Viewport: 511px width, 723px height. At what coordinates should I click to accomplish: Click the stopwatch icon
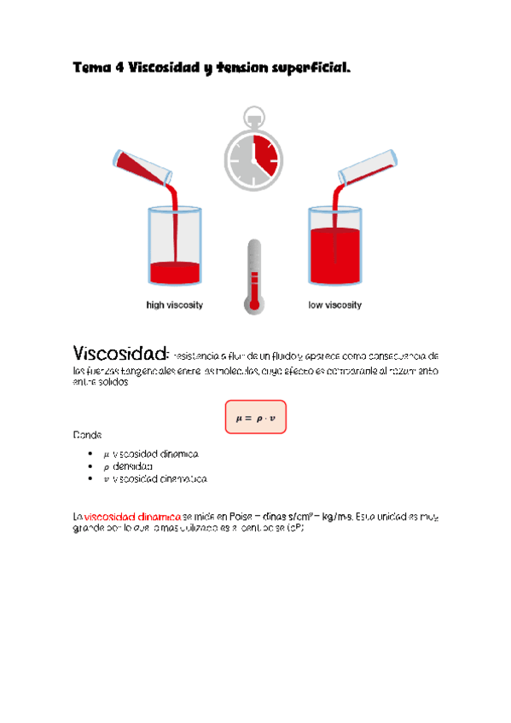[x=253, y=150]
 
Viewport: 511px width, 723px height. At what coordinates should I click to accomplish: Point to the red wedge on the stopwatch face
[x=264, y=153]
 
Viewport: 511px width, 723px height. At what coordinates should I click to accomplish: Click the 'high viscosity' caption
[x=175, y=304]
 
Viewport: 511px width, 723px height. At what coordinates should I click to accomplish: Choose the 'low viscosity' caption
[x=334, y=304]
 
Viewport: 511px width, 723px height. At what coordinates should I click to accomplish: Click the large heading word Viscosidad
[x=119, y=353]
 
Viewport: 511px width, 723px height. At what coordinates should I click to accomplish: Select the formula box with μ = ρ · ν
[x=255, y=418]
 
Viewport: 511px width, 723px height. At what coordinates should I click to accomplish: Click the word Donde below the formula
[x=87, y=435]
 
